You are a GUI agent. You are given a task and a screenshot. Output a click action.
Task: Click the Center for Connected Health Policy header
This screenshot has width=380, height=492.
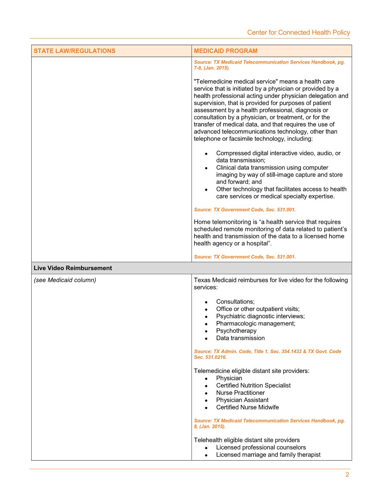[x=298, y=32]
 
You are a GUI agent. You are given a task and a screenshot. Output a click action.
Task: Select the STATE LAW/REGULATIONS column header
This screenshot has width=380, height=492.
[x=75, y=51]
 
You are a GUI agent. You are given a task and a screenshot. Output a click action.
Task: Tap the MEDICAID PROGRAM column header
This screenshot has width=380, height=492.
[x=226, y=51]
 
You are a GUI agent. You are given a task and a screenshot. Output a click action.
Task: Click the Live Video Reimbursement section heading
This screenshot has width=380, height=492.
[x=73, y=268]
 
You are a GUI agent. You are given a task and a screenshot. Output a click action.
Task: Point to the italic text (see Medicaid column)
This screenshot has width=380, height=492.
[x=65, y=280]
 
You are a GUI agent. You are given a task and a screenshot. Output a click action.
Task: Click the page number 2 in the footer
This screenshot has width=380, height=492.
[x=347, y=475]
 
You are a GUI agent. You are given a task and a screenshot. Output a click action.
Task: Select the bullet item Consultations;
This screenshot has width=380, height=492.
[x=235, y=302]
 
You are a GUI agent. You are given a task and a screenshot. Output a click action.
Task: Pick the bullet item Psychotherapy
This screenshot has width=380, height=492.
[x=236, y=331]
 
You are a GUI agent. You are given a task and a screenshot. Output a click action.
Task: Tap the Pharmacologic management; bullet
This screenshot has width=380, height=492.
[x=256, y=323]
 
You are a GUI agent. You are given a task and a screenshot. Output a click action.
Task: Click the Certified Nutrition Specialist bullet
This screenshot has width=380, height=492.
[x=253, y=385]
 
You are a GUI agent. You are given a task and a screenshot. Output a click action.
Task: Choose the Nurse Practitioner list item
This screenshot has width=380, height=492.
[x=240, y=393]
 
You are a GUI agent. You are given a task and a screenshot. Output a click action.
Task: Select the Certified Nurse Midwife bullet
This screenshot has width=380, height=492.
[x=247, y=407]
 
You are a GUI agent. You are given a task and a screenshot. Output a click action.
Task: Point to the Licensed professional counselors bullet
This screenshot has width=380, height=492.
[x=261, y=447]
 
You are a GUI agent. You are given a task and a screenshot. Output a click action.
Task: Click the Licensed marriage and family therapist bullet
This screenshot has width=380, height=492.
[x=268, y=454]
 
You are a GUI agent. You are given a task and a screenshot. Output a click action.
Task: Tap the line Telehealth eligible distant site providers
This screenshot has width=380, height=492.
[x=247, y=440]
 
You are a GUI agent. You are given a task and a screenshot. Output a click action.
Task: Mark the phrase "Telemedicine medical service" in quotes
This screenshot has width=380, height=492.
[x=236, y=82]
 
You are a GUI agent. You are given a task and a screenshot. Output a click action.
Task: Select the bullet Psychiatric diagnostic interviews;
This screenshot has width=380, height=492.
[x=260, y=316]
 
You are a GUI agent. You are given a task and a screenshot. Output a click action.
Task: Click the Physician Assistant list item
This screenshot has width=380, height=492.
[x=242, y=400]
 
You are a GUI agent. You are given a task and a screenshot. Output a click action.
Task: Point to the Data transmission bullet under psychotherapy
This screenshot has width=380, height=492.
[x=240, y=338]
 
